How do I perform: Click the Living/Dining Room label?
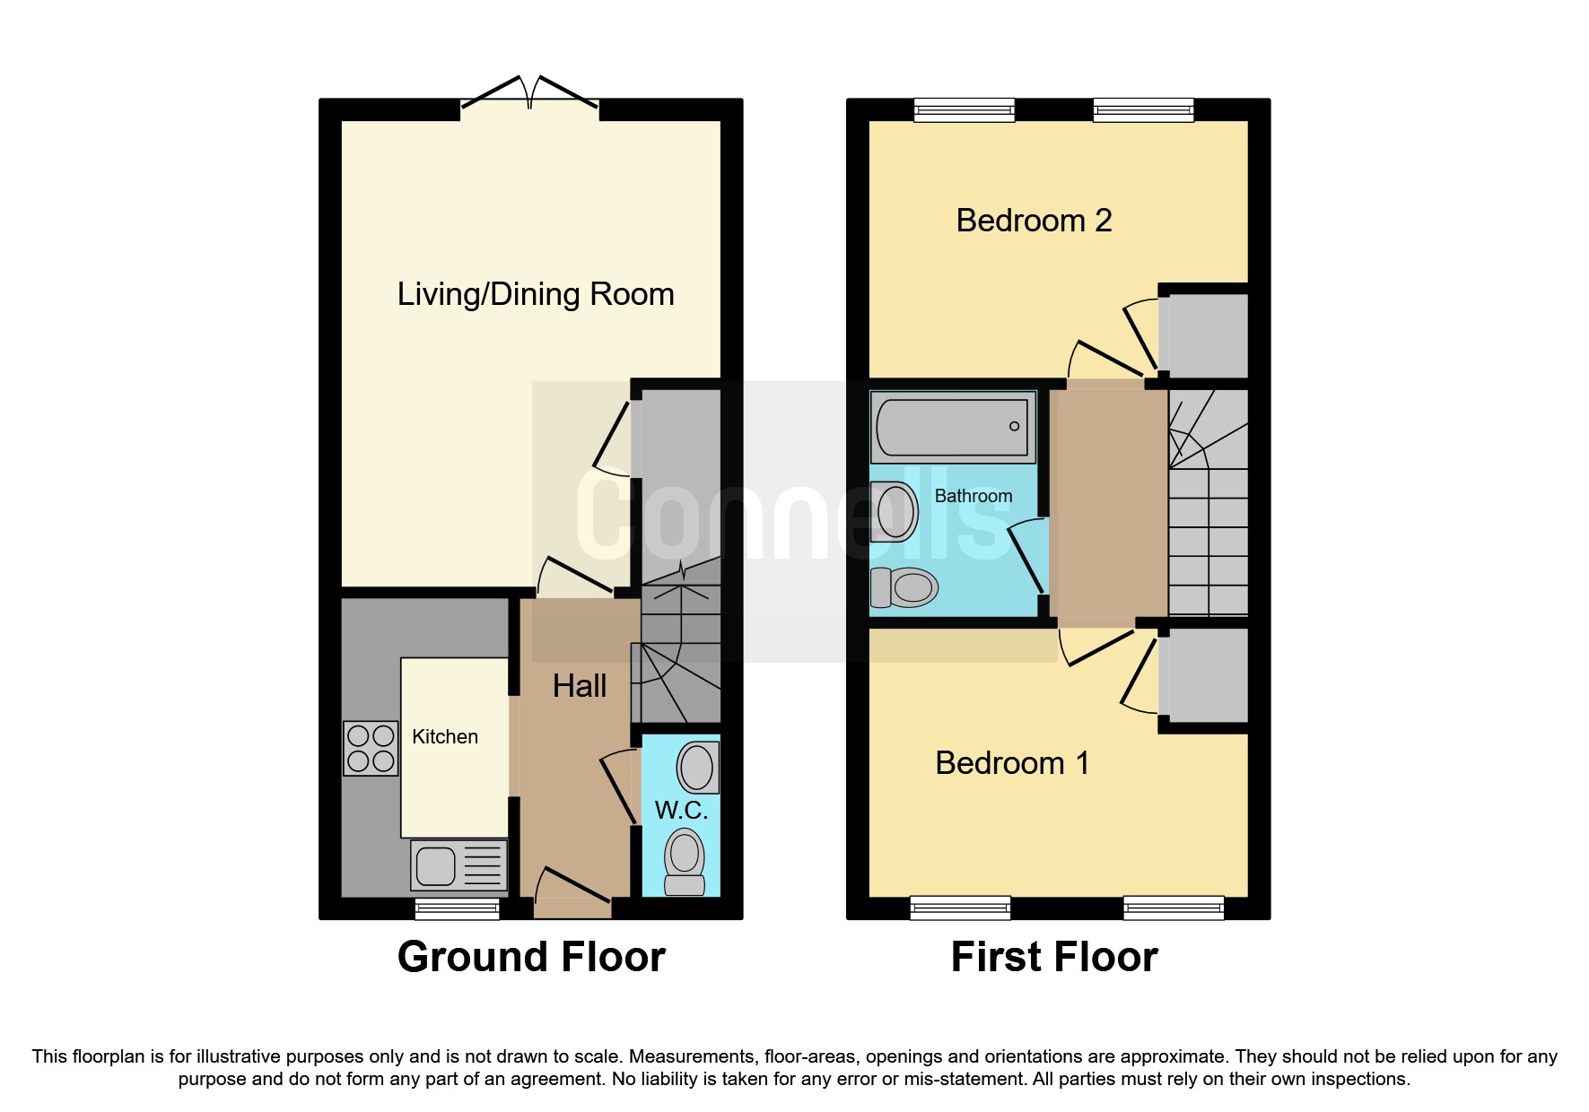(x=536, y=294)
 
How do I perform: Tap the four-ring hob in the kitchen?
(x=371, y=749)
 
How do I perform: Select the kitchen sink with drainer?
(x=458, y=866)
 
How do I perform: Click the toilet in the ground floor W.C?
(x=685, y=862)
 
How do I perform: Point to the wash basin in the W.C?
(x=697, y=768)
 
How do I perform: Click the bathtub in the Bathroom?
(x=953, y=427)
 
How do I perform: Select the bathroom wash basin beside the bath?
(x=895, y=512)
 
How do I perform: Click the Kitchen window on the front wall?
(x=457, y=909)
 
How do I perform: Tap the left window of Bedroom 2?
(x=964, y=110)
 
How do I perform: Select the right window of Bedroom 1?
(x=1174, y=908)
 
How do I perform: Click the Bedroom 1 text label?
(x=1012, y=763)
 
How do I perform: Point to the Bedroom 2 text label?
(x=1034, y=221)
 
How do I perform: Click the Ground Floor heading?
(x=531, y=957)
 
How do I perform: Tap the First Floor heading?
(x=1054, y=957)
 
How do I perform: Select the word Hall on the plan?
(x=580, y=686)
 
